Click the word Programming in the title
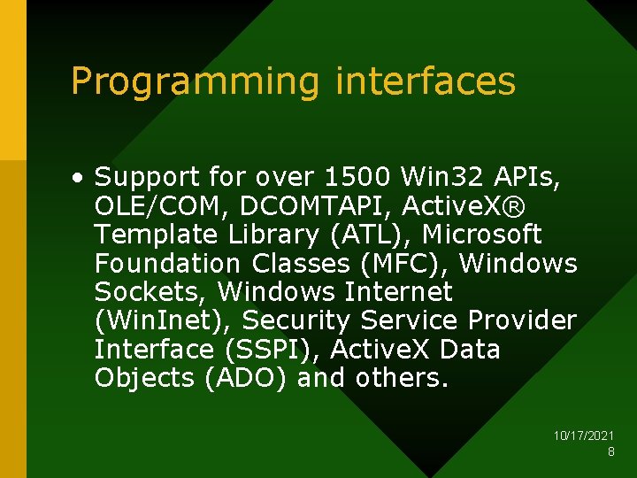click(x=195, y=81)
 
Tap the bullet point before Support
click(x=80, y=177)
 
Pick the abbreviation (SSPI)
click(x=272, y=350)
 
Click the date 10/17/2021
click(x=584, y=436)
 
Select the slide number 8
click(x=610, y=451)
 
